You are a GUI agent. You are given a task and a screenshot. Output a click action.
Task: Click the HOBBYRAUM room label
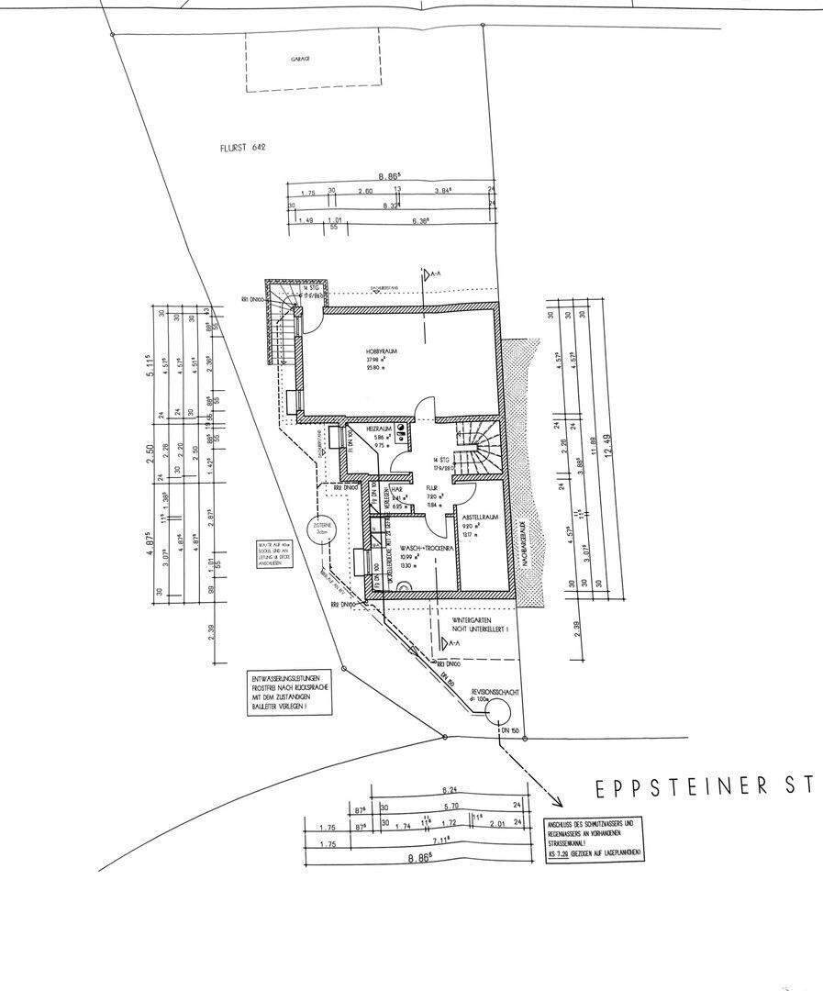pyautogui.click(x=378, y=351)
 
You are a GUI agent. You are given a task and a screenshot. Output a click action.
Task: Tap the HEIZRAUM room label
pyautogui.click(x=379, y=429)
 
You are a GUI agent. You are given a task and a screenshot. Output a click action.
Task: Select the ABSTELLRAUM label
pyautogui.click(x=480, y=518)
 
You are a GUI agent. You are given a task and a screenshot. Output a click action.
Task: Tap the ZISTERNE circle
pyautogui.click(x=322, y=529)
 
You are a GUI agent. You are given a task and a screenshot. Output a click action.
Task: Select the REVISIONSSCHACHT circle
pyautogui.click(x=498, y=711)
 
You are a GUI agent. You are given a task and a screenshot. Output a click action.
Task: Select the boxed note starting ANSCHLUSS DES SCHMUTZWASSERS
pyautogui.click(x=595, y=838)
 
